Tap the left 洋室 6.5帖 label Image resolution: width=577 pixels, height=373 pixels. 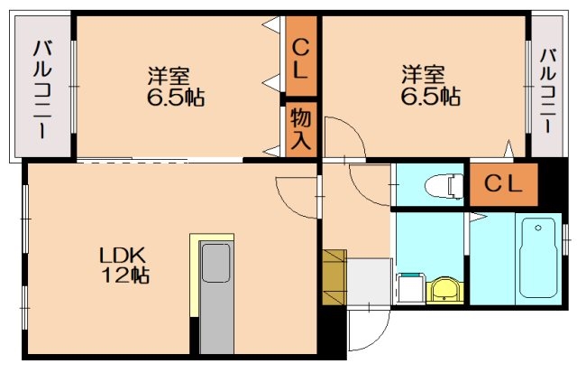[x=176, y=86]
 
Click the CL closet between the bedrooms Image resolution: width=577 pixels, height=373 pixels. [x=301, y=58]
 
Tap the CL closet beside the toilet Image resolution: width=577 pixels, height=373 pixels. [x=502, y=183]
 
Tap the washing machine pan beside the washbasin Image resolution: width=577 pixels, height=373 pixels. [x=410, y=288]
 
